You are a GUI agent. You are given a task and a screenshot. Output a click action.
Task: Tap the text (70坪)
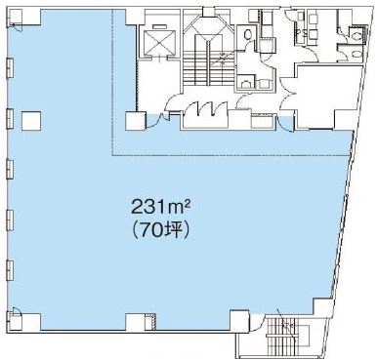(x=159, y=230)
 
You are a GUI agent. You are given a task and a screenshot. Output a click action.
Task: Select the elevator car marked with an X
(x=157, y=42)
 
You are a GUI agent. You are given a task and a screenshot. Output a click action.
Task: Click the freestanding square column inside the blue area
(x=31, y=121)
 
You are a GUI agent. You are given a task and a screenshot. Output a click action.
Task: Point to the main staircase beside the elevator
(x=208, y=59)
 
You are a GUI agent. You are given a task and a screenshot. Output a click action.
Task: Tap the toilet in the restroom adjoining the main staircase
(x=247, y=33)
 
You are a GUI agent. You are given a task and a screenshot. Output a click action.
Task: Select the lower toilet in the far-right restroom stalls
(x=357, y=54)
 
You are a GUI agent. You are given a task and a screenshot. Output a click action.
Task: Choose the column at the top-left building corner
(x=15, y=17)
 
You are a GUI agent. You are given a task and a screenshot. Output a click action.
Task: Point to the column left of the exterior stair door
(x=239, y=321)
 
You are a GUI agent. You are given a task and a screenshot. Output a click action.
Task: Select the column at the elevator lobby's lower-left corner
(x=136, y=121)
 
